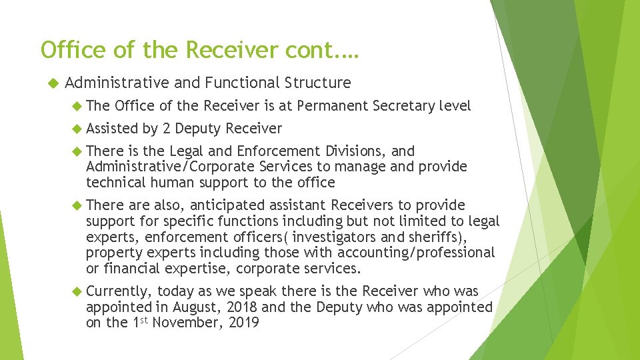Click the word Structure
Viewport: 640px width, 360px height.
click(317, 83)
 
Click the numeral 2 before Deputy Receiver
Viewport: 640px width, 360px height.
click(166, 128)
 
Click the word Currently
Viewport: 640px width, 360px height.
click(121, 291)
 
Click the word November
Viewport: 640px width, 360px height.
click(187, 323)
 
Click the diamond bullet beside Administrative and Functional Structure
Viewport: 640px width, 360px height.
click(55, 83)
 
